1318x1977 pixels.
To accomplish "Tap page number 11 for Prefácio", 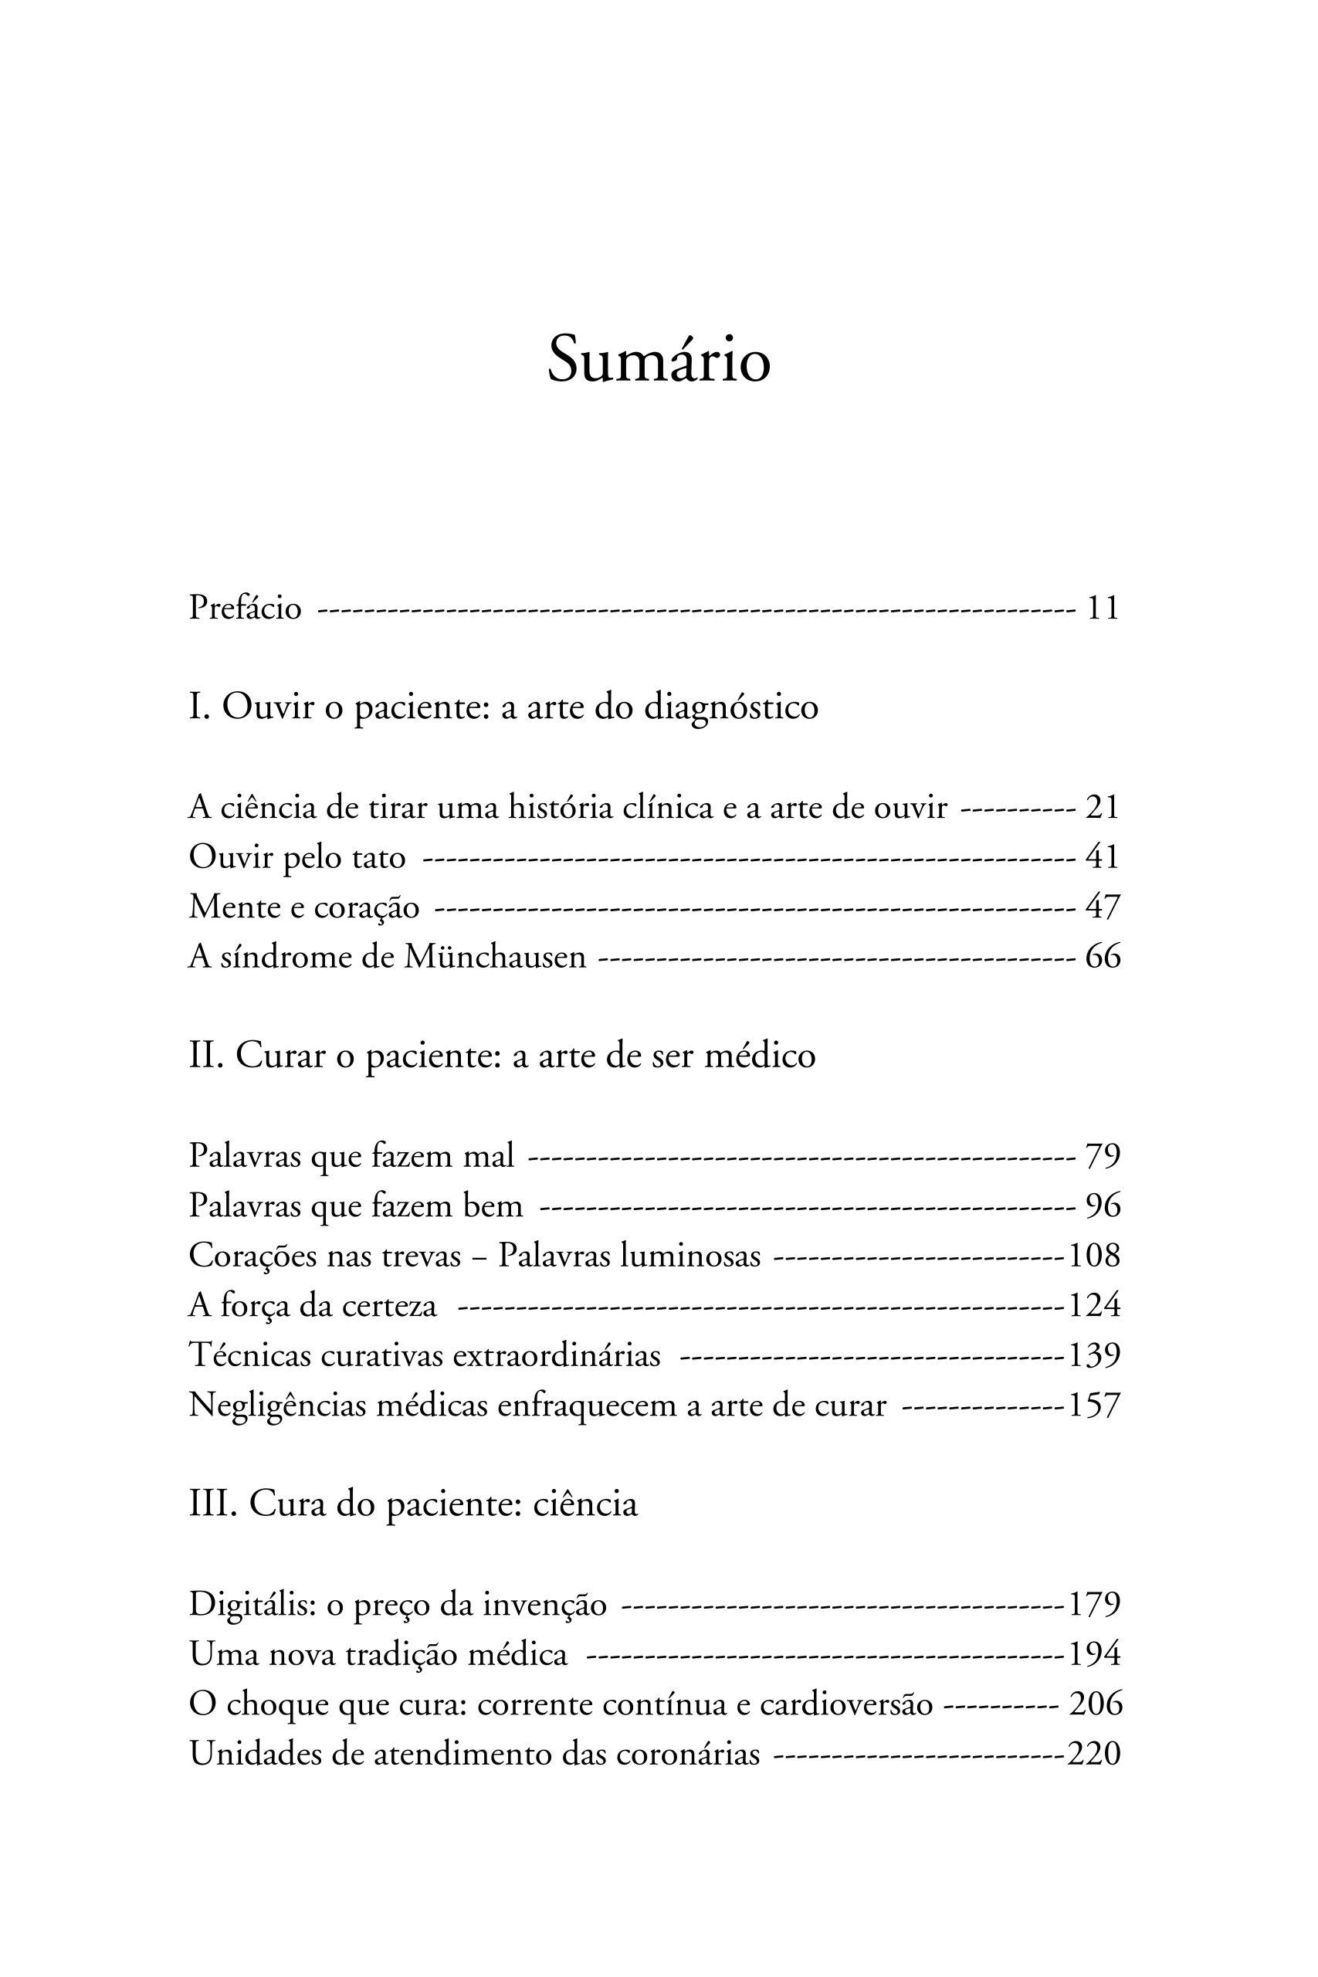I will click(1103, 608).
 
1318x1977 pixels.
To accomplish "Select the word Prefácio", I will click(245, 608).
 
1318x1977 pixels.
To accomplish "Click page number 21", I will click(1102, 808).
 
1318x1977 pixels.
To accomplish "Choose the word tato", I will click(379, 857).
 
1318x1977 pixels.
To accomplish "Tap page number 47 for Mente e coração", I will click(1102, 908).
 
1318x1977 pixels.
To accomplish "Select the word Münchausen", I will click(494, 958).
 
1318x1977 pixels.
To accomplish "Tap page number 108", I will click(1094, 1256).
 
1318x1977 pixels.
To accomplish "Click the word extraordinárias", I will click(557, 1355).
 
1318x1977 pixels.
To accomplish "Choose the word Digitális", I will click(252, 1606).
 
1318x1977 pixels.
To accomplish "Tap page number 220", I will click(1093, 1755).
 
